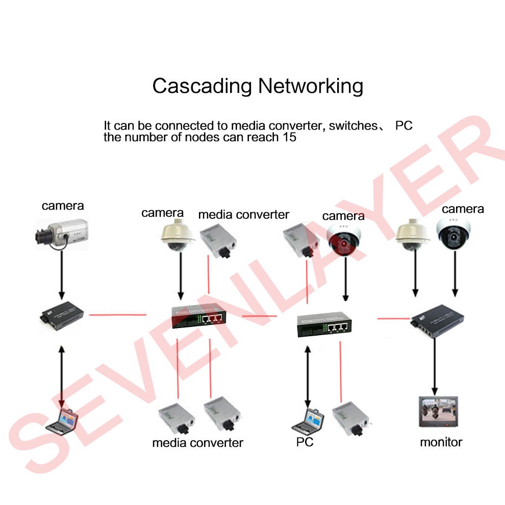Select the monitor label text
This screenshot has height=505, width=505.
[441, 442]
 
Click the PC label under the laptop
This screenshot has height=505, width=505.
[305, 442]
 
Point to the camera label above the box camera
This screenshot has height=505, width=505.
[63, 206]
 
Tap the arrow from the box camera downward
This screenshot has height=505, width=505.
[62, 274]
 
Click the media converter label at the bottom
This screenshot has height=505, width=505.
[197, 442]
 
